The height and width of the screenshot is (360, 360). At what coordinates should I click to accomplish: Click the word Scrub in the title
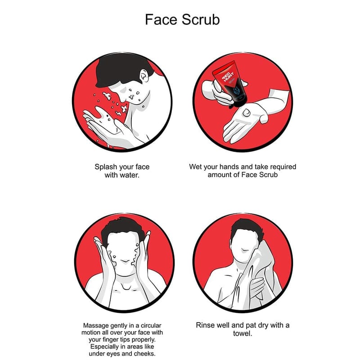coord(201,19)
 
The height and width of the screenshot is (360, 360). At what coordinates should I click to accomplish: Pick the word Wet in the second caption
coord(195,166)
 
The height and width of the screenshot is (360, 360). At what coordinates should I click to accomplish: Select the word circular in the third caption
coord(151,325)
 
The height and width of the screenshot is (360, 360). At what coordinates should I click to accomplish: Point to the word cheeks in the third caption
coord(144,354)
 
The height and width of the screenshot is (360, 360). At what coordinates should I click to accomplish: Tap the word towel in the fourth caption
coord(243,333)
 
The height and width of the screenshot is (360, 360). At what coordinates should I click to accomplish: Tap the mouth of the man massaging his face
coord(126,261)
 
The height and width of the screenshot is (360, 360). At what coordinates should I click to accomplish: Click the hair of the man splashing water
coord(119,69)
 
